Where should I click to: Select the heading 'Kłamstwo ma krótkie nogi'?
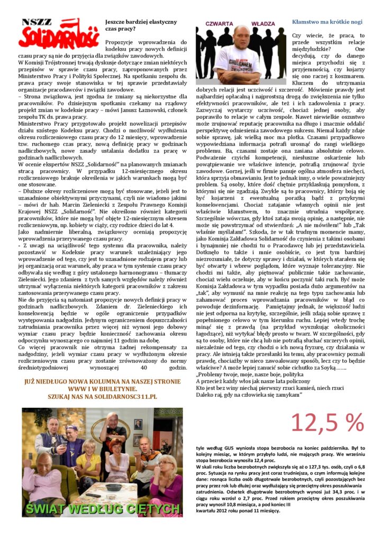pos(327,22)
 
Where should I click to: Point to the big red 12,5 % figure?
pos(327,422)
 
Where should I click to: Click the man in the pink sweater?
pos(39,478)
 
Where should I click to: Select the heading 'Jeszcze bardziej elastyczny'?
pos(141,22)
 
